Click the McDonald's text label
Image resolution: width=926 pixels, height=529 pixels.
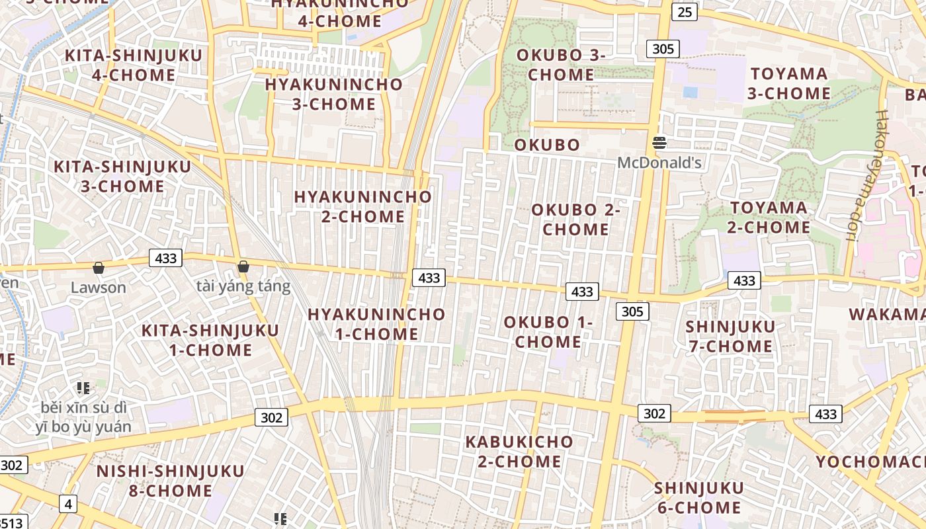[x=659, y=162]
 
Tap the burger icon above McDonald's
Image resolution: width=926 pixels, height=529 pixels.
[x=659, y=142]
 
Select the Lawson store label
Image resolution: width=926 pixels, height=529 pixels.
[x=98, y=287]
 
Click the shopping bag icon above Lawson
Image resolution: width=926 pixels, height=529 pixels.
[x=99, y=268]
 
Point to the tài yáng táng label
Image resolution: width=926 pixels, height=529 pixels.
[x=243, y=286]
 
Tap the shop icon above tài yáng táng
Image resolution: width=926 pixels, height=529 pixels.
[x=243, y=266]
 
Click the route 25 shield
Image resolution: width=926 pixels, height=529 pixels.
[x=684, y=11]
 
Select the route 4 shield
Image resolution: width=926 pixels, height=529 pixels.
[x=68, y=504]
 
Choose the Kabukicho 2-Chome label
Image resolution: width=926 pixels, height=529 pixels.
[x=519, y=451]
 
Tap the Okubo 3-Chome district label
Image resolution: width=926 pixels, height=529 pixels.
[x=561, y=65]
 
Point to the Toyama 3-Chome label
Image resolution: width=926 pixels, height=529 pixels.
[x=789, y=83]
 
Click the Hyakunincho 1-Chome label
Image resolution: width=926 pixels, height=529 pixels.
[x=376, y=324]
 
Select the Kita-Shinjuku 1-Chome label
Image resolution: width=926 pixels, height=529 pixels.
[x=210, y=340]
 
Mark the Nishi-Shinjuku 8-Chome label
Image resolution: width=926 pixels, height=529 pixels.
[x=171, y=481]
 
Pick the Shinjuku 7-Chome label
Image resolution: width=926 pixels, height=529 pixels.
[x=730, y=336]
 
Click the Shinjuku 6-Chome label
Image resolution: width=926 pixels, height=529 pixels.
[x=698, y=497]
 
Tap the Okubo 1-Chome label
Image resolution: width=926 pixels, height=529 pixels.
[x=548, y=332]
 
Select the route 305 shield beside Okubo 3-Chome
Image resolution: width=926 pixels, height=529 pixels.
[x=663, y=48]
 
